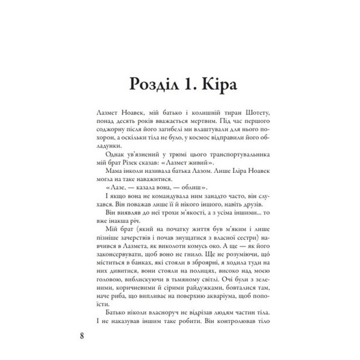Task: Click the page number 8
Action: (82, 337)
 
